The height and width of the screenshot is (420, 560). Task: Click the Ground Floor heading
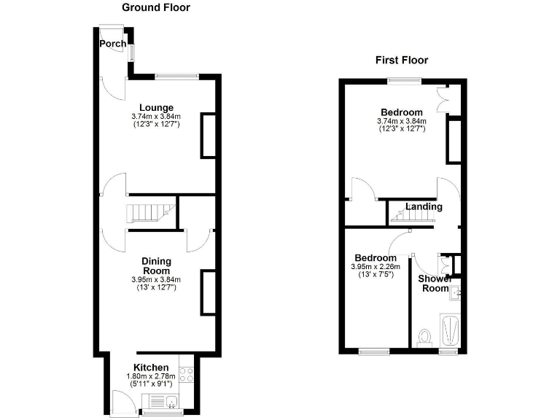(155, 7)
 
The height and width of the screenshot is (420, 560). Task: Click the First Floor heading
(402, 60)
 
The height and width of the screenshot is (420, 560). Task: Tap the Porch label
(112, 44)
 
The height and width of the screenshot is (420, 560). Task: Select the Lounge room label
(157, 107)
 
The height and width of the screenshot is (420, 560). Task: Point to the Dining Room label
(156, 265)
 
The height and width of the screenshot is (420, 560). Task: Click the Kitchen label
(151, 367)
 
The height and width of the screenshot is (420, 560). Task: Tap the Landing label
(424, 206)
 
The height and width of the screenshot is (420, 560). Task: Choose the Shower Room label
(435, 283)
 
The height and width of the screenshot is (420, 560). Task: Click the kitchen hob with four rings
(185, 373)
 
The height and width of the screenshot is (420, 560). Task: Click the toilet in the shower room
(424, 337)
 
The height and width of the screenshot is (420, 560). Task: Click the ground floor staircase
(151, 213)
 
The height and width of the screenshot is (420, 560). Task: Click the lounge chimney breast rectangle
(209, 135)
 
